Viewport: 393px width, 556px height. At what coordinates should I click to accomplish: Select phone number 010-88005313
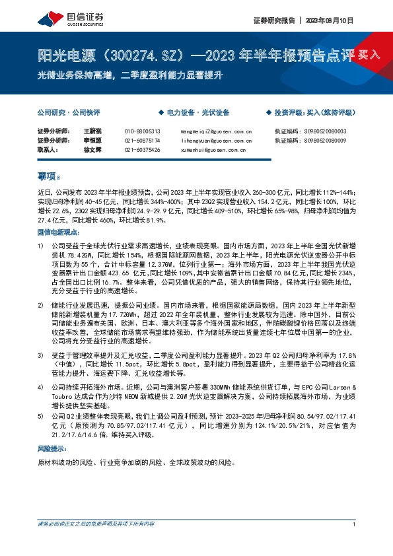143,131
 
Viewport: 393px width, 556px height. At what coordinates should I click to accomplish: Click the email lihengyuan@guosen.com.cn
216,140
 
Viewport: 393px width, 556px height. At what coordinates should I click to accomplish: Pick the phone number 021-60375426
143,149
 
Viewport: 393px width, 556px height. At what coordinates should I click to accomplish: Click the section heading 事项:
48,176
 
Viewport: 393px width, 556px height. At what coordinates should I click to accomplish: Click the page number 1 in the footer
355,543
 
